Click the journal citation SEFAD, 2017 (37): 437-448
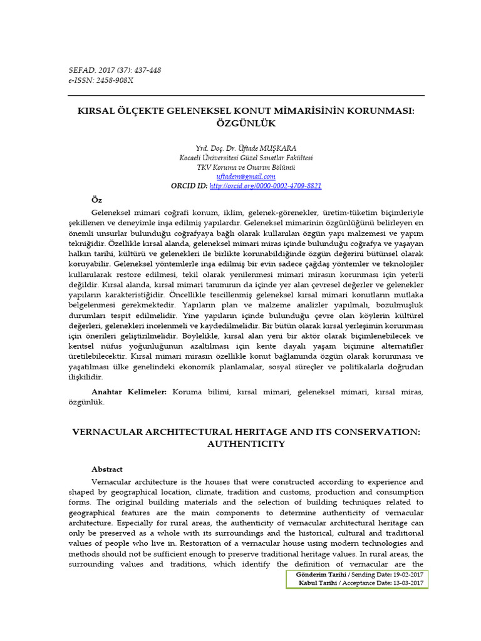click(x=114, y=70)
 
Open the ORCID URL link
click(x=266, y=186)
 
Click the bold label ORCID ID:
click(x=189, y=186)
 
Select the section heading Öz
click(x=96, y=200)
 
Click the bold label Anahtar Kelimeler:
click(x=129, y=391)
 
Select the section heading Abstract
click(x=107, y=469)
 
